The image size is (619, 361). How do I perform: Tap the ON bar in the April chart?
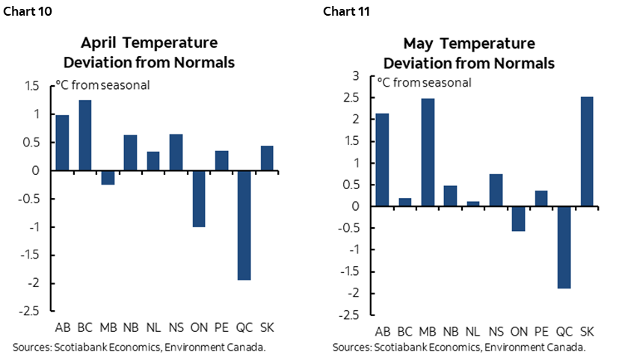pos(198,198)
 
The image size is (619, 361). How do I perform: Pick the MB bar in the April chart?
pos(107,177)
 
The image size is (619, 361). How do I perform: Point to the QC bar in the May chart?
pos(564,247)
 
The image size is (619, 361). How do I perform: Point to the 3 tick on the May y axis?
pos(356,76)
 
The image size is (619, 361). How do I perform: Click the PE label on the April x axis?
pos(222,327)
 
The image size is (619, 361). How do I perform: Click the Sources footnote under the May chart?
pos(459,348)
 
